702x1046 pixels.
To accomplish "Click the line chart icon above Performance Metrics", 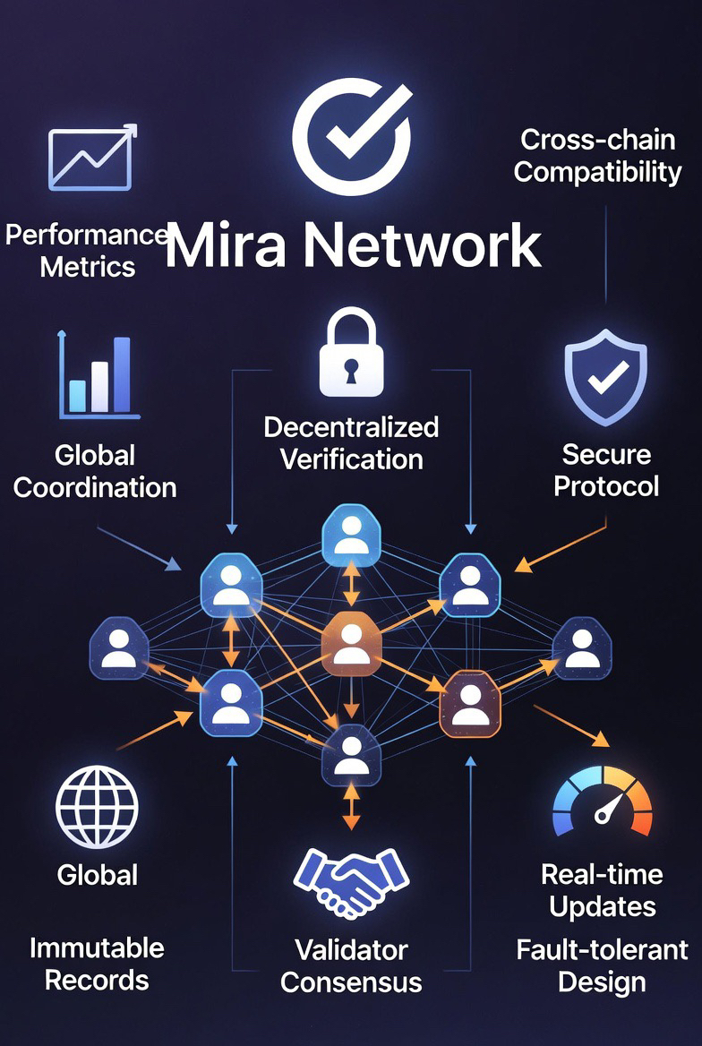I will pos(91,158).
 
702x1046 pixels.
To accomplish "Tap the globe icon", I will pos(97,807).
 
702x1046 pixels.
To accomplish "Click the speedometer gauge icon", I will pos(603,802).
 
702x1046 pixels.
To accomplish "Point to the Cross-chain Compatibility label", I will pos(597,156).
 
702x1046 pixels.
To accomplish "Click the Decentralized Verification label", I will pos(351,442).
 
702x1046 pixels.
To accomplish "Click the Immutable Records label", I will pos(97,964).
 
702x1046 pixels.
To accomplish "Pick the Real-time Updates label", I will pos(602,890).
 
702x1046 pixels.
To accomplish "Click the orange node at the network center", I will pos(351,643).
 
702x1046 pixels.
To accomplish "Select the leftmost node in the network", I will pos(118,647).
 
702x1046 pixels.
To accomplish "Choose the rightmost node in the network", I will pos(582,647).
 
